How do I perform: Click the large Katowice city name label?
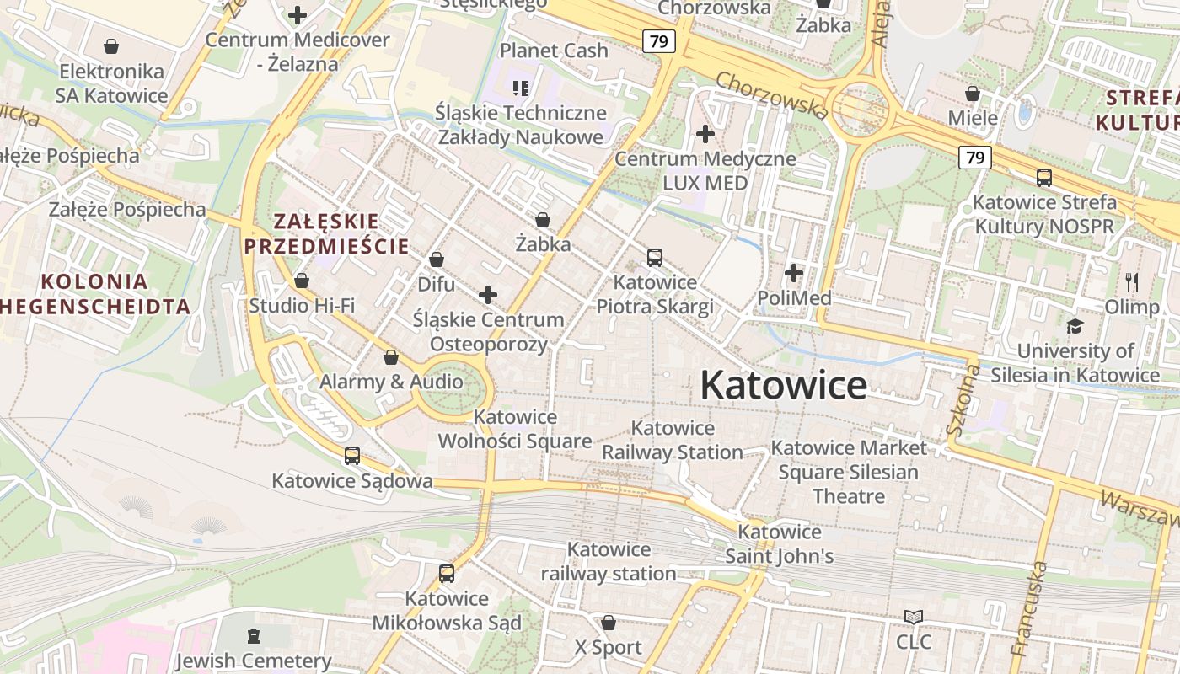point(783,386)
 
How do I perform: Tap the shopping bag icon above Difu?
point(437,259)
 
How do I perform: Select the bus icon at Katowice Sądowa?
point(352,456)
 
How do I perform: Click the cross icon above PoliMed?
point(794,273)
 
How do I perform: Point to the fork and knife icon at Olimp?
point(1132,282)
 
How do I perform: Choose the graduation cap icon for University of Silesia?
point(1075,326)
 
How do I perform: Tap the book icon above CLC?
point(914,618)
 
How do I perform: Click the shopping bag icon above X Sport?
point(609,623)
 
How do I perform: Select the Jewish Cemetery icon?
point(254,636)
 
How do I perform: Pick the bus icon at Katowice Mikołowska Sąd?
point(447,574)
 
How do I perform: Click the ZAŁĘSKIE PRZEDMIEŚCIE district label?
point(326,233)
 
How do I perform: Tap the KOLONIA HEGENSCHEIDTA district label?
point(94,293)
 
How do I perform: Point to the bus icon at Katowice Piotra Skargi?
point(655,258)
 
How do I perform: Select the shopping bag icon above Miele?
point(973,94)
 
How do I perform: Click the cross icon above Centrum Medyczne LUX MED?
point(705,134)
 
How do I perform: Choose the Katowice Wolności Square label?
point(515,429)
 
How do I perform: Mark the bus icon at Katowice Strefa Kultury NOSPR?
point(1044,178)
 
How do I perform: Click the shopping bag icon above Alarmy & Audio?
point(391,357)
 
